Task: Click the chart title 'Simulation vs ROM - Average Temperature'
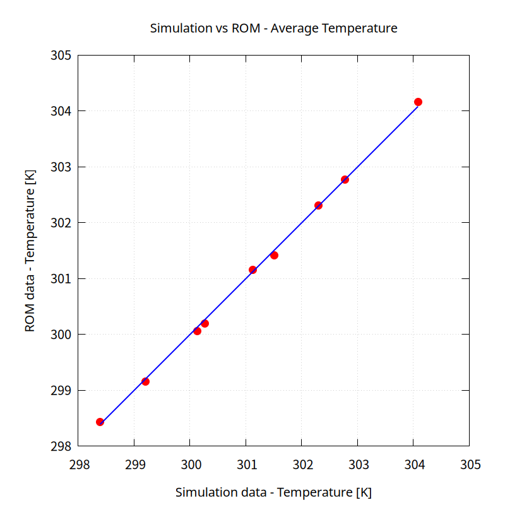pyautogui.click(x=273, y=28)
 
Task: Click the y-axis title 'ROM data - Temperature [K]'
pyautogui.click(x=30, y=251)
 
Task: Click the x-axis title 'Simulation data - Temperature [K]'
pyautogui.click(x=273, y=492)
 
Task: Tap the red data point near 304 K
pyautogui.click(x=418, y=102)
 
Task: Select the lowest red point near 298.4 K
pyautogui.click(x=100, y=422)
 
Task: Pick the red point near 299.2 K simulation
pyautogui.click(x=145, y=381)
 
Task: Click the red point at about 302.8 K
pyautogui.click(x=345, y=179)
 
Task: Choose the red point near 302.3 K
pyautogui.click(x=318, y=205)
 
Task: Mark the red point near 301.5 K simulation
pyautogui.click(x=274, y=255)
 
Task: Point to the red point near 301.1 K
pyautogui.click(x=252, y=270)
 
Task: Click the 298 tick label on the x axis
pyautogui.click(x=78, y=465)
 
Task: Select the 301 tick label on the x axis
pyautogui.click(x=246, y=465)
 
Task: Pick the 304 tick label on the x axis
pyautogui.click(x=413, y=465)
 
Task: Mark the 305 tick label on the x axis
pyautogui.click(x=470, y=465)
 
